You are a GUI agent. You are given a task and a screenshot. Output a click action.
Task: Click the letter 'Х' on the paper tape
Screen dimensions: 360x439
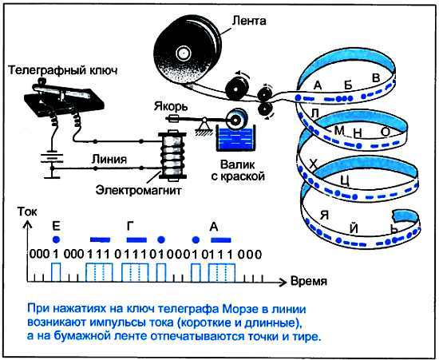point(314,164)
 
